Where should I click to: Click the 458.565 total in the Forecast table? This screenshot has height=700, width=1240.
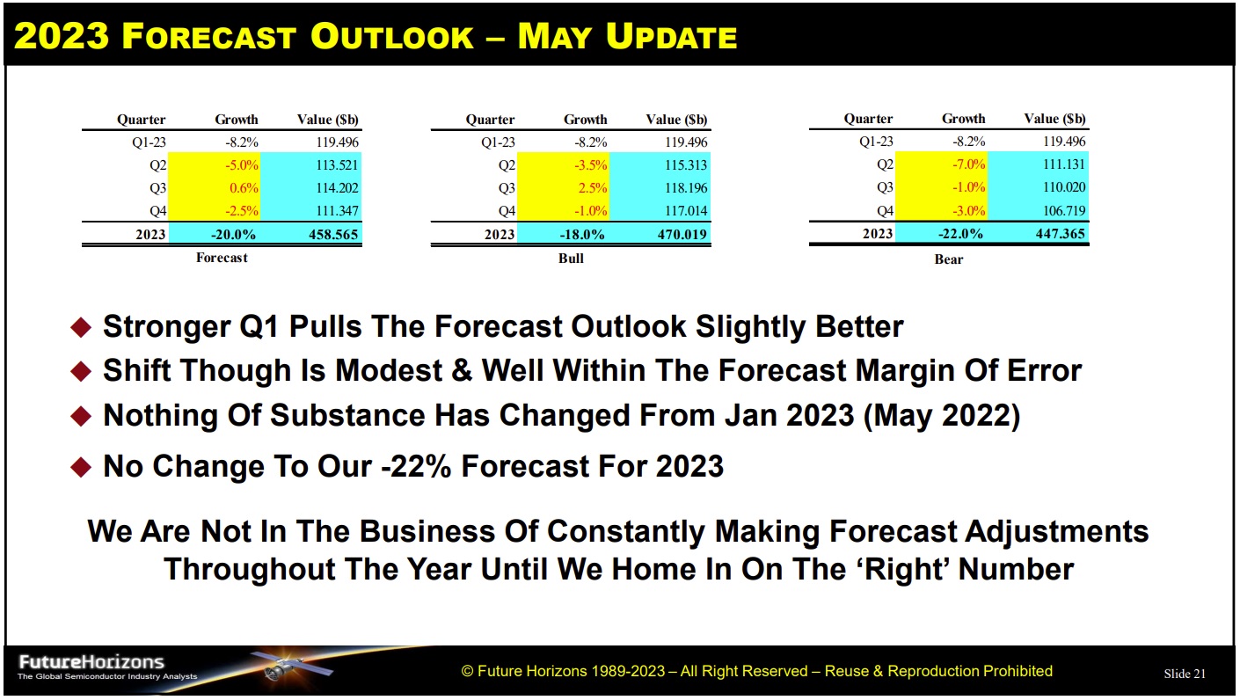coord(332,234)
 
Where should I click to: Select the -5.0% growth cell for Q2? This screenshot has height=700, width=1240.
coord(241,165)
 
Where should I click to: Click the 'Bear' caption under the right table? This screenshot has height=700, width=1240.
coord(948,259)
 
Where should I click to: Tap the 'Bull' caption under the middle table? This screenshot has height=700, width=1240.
coord(571,259)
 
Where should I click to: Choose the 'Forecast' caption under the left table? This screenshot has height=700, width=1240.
coord(222,258)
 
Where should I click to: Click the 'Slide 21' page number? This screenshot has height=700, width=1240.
coord(1185,674)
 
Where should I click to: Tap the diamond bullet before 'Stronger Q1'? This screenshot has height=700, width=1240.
coord(80,328)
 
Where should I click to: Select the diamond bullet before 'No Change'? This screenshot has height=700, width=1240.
coord(80,467)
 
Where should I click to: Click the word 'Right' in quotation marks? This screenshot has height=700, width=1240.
coord(907,569)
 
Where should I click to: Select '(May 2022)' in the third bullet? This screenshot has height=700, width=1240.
coord(941,416)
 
